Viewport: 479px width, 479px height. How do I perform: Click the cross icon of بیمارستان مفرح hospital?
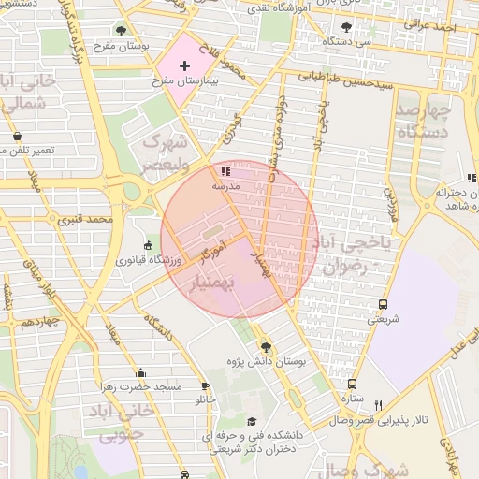(x=184, y=65)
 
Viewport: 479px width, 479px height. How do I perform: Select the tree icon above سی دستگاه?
(x=347, y=27)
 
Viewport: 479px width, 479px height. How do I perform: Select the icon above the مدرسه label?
(x=225, y=171)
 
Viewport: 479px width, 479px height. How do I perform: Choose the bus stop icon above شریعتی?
(x=382, y=304)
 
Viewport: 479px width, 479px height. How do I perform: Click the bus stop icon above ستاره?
(x=352, y=384)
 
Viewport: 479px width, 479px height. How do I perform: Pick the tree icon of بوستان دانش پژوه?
(x=265, y=346)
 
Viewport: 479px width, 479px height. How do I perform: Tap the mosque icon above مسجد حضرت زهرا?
(x=140, y=372)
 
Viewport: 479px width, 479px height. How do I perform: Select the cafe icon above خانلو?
(x=205, y=385)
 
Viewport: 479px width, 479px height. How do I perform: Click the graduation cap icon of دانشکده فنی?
(x=251, y=422)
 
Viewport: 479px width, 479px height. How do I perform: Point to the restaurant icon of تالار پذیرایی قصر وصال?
(x=378, y=405)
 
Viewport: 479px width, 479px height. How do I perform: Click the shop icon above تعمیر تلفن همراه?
(x=17, y=137)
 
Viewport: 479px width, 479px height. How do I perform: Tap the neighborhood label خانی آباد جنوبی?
(x=110, y=423)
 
